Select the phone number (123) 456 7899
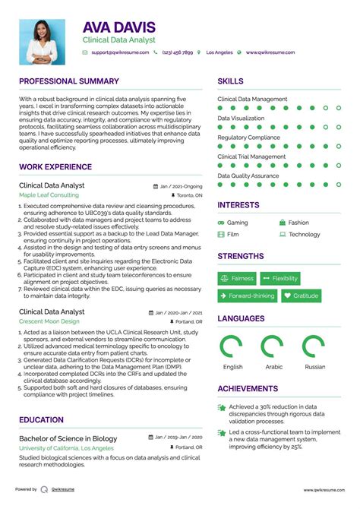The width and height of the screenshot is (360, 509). (178, 53)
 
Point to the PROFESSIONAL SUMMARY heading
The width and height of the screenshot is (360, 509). (69, 81)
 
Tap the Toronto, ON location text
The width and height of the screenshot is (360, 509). (188, 195)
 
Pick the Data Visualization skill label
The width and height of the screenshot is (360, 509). (241, 119)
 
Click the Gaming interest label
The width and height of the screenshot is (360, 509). (237, 223)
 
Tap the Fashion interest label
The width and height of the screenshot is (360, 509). (298, 223)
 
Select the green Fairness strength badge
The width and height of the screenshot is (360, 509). (237, 279)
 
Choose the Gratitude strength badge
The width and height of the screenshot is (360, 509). (301, 296)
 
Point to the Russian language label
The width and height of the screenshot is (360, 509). (314, 366)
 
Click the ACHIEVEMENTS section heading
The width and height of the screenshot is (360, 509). (248, 388)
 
